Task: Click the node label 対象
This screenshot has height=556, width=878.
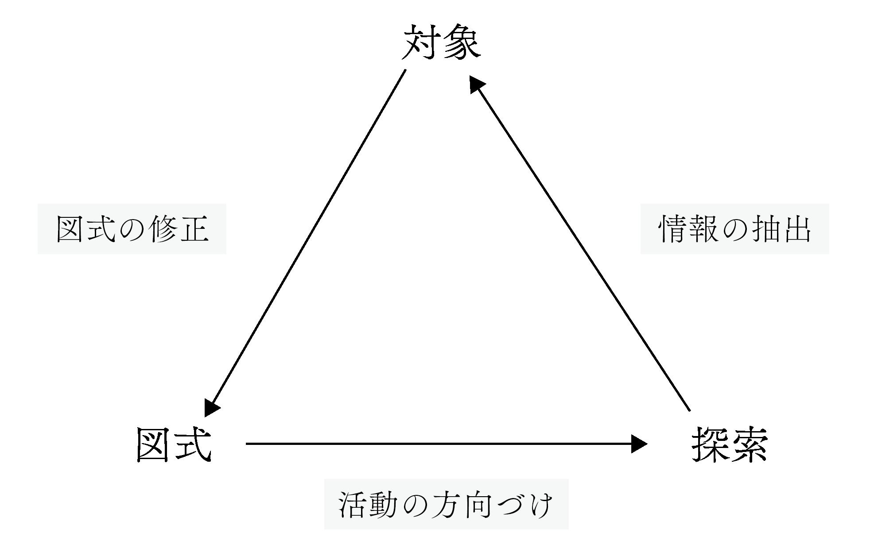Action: tap(441, 42)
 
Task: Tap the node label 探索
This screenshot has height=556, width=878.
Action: tap(730, 444)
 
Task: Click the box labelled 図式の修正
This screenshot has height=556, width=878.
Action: tap(132, 229)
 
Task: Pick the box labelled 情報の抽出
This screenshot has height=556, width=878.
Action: tap(734, 229)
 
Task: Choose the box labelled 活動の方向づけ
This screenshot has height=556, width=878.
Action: tap(446, 504)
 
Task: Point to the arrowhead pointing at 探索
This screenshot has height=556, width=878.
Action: tap(640, 444)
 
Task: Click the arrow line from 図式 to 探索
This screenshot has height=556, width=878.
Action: tap(439, 444)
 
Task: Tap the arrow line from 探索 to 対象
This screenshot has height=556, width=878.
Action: tap(580, 243)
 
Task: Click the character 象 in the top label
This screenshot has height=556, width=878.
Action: tap(462, 42)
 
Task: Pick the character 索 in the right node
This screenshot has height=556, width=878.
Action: tap(750, 444)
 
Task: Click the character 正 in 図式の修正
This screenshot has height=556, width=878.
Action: tap(194, 229)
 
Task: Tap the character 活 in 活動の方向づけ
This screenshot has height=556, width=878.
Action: tap(352, 505)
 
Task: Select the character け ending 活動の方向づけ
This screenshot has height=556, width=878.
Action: tap(541, 505)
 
